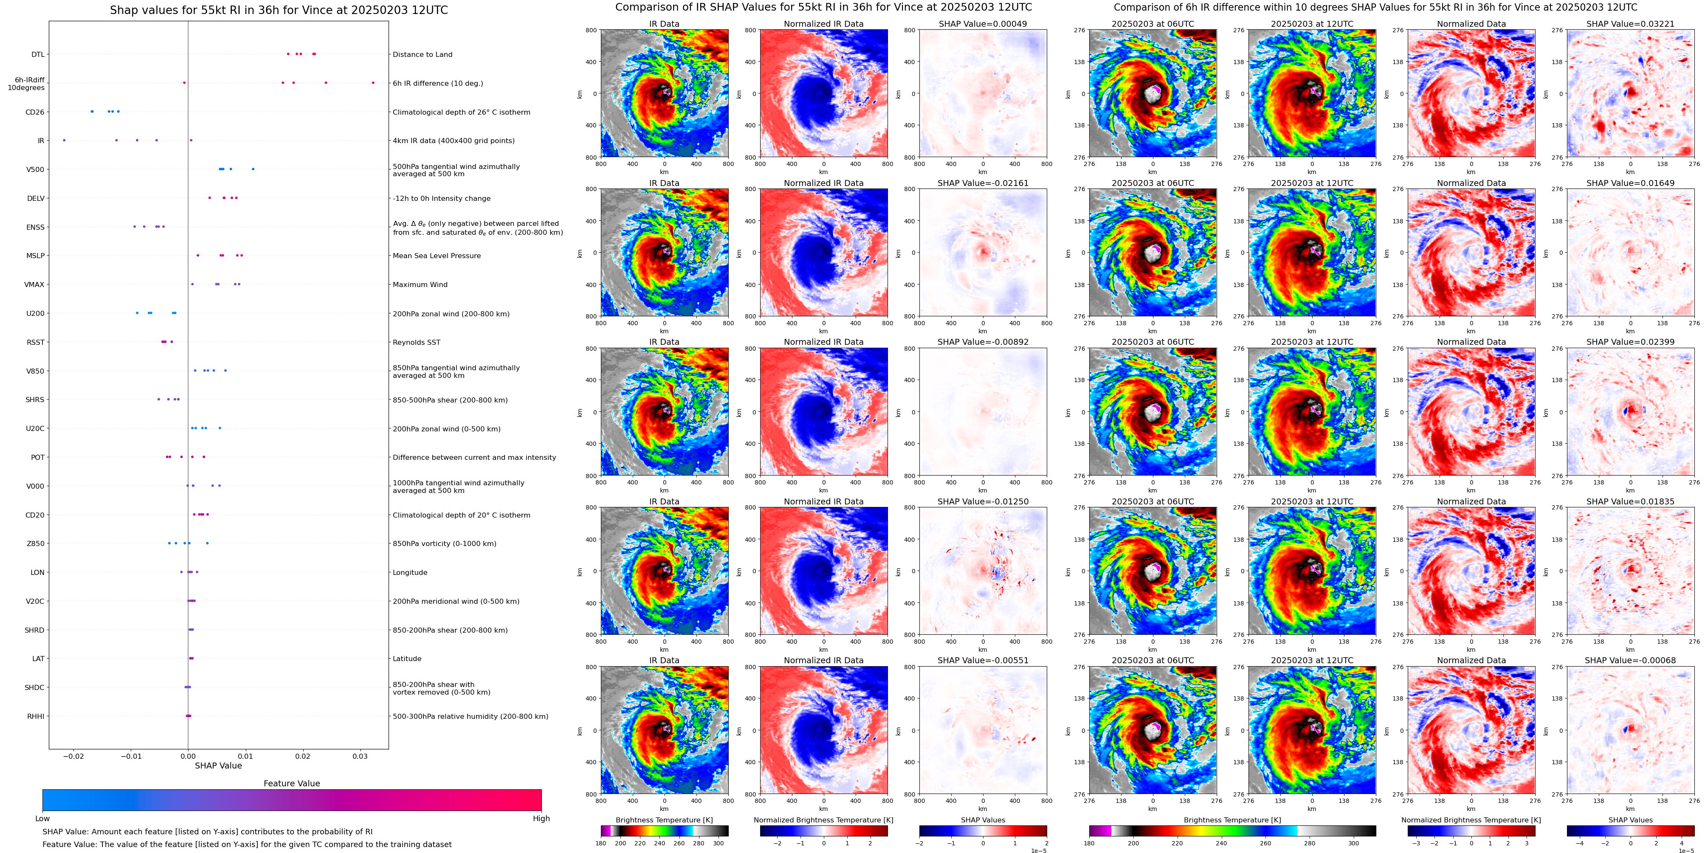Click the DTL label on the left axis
pyautogui.click(x=38, y=54)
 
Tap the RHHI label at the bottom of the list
pyautogui.click(x=36, y=716)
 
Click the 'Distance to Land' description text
pyautogui.click(x=422, y=54)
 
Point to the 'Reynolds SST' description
pyautogui.click(x=416, y=342)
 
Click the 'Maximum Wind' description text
pyautogui.click(x=420, y=284)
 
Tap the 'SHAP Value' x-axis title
pyautogui.click(x=218, y=766)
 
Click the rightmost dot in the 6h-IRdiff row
pyautogui.click(x=373, y=83)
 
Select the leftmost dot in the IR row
pyautogui.click(x=64, y=140)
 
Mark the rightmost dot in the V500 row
pyautogui.click(x=253, y=169)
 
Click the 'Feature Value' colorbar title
pyautogui.click(x=292, y=783)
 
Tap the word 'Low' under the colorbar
pyautogui.click(x=42, y=819)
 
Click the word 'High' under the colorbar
pyautogui.click(x=541, y=819)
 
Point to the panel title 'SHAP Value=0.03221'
pyautogui.click(x=1630, y=24)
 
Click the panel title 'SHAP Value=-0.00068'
pyautogui.click(x=1630, y=660)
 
